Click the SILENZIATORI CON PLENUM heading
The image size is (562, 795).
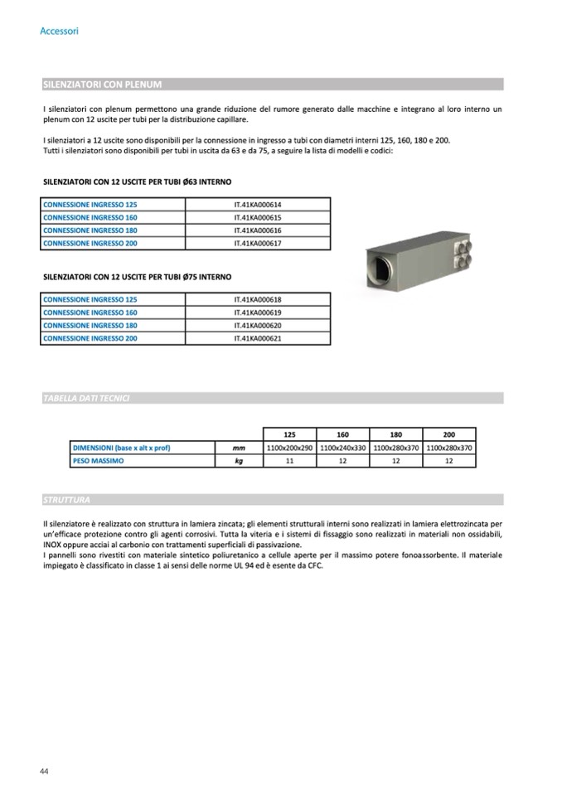(101, 85)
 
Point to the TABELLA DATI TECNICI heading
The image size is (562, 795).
(86, 399)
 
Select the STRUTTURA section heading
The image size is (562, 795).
(66, 500)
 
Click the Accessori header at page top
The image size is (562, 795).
(59, 32)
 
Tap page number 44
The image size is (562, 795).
(45, 772)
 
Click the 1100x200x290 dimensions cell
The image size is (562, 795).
(289, 448)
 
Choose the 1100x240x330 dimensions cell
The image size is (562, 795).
(342, 448)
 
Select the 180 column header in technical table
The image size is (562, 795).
(395, 434)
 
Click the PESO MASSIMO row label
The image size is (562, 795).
(98, 461)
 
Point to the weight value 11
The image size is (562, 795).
(289, 461)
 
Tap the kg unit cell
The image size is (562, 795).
(238, 461)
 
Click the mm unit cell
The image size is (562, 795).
(238, 448)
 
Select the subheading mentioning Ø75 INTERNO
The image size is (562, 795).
(137, 276)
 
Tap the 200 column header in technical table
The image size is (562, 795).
(448, 434)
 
